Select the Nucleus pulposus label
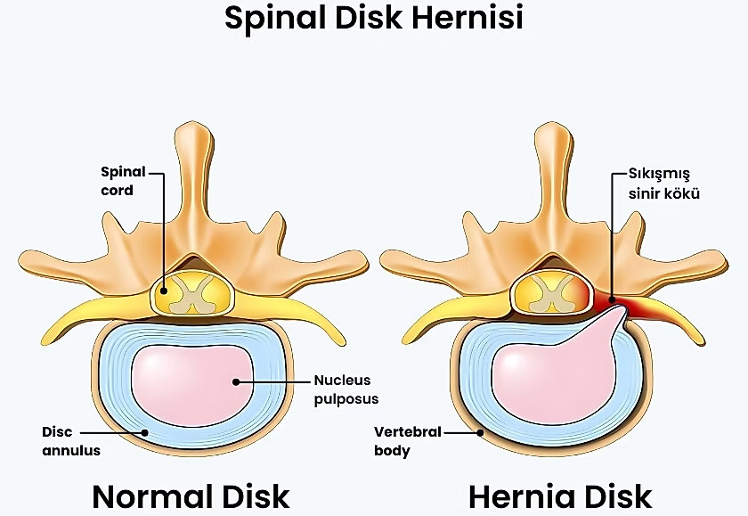[342, 389]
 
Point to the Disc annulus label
[71, 441]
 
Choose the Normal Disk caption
[191, 496]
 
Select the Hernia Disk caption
[559, 496]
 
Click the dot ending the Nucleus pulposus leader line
[236, 381]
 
